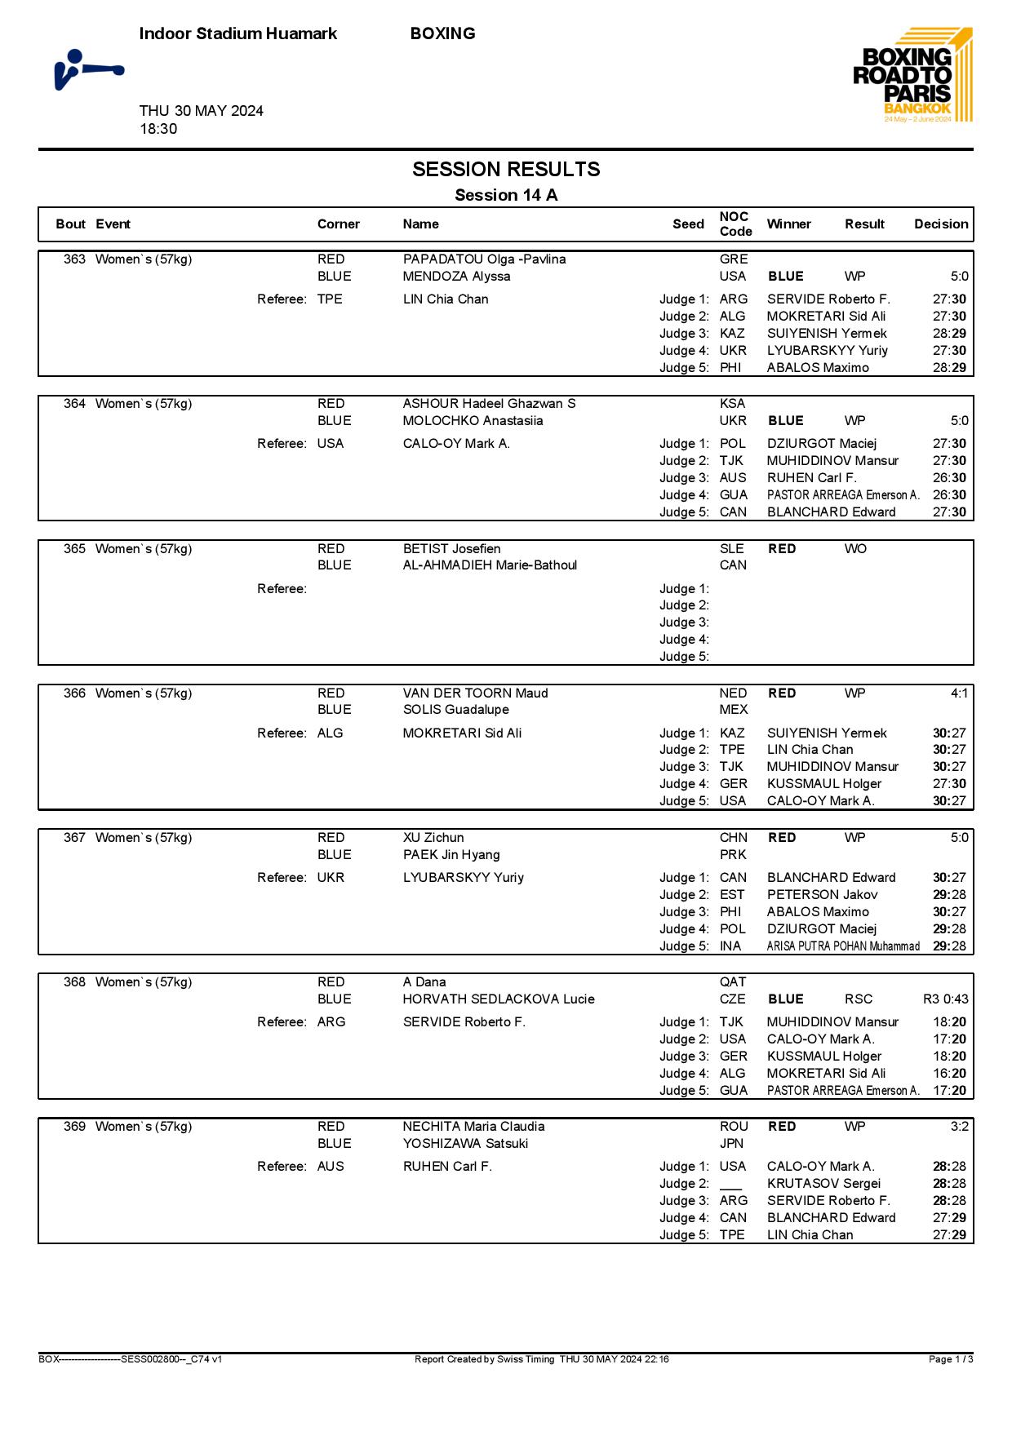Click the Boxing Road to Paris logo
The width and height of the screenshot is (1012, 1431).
click(x=913, y=75)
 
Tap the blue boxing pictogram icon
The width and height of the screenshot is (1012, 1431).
click(x=88, y=70)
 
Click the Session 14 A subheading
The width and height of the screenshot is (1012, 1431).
click(x=506, y=195)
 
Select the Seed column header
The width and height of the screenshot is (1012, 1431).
click(x=688, y=224)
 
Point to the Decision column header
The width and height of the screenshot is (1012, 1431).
click(x=941, y=224)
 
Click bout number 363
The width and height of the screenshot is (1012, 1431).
click(x=74, y=259)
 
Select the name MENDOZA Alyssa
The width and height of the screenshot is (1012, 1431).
click(x=456, y=277)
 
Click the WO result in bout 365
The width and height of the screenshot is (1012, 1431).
click(x=855, y=549)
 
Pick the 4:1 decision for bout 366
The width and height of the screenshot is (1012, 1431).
click(x=959, y=693)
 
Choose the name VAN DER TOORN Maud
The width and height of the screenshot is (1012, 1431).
click(x=475, y=693)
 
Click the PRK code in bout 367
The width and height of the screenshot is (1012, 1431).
click(x=733, y=855)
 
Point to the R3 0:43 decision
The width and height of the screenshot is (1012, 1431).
click(x=945, y=999)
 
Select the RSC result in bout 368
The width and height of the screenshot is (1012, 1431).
click(x=859, y=999)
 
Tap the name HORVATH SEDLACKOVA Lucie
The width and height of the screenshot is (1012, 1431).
click(x=499, y=999)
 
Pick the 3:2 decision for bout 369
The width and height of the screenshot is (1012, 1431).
click(x=959, y=1127)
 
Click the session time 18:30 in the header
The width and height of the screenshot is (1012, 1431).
click(x=158, y=129)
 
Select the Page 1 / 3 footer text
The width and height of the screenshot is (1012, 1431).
click(x=951, y=1359)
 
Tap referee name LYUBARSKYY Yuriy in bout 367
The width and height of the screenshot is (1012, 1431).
click(x=463, y=878)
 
